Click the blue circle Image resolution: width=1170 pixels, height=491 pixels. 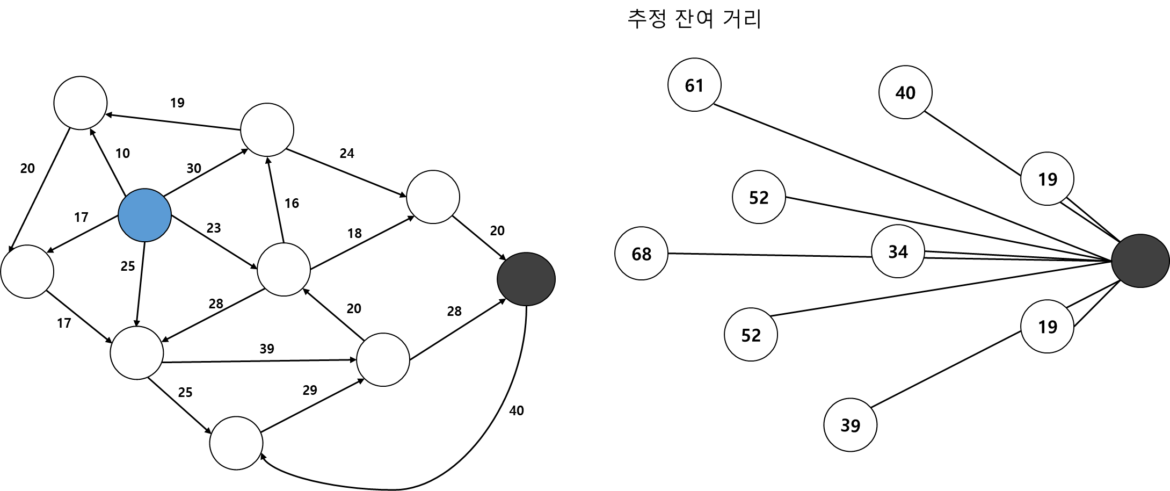click(x=144, y=215)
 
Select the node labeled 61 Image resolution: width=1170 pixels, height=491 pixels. click(x=694, y=85)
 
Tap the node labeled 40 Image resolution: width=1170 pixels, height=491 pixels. click(x=905, y=92)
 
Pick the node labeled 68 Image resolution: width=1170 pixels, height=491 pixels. click(x=641, y=254)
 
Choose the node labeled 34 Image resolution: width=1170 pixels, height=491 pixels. click(x=898, y=251)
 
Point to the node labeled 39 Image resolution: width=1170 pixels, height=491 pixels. click(x=850, y=425)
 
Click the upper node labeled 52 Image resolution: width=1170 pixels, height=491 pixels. click(x=759, y=197)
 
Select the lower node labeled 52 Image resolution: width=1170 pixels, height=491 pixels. click(x=751, y=335)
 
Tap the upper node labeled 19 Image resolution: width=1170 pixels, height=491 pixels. click(x=1047, y=179)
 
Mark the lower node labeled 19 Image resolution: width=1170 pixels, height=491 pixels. click(x=1047, y=327)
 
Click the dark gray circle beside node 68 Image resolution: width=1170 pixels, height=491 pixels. click(x=526, y=279)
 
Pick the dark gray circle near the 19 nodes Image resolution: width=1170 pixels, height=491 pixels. click(x=1140, y=261)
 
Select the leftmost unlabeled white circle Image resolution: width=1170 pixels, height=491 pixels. click(x=27, y=271)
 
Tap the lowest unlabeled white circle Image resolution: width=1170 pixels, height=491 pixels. click(x=236, y=443)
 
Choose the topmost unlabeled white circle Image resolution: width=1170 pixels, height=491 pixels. click(x=81, y=103)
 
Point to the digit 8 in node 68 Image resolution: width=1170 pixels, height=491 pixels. click(x=646, y=254)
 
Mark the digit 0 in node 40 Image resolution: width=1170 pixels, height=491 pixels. click(x=911, y=93)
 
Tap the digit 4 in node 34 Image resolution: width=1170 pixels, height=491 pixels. click(x=903, y=252)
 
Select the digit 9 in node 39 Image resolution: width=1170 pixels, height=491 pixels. click(x=855, y=425)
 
